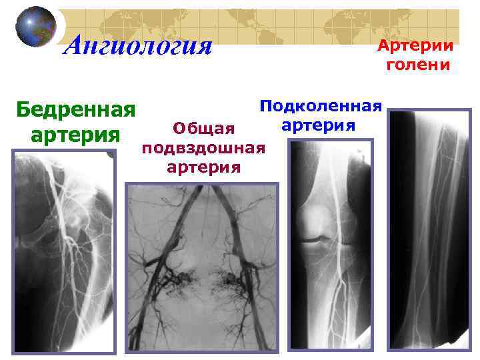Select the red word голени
(x=417, y=65)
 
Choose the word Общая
(x=204, y=128)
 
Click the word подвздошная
(x=204, y=147)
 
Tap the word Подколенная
(x=321, y=106)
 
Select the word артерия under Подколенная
(x=319, y=125)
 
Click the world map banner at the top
(x=267, y=27)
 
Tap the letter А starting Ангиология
(x=75, y=46)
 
